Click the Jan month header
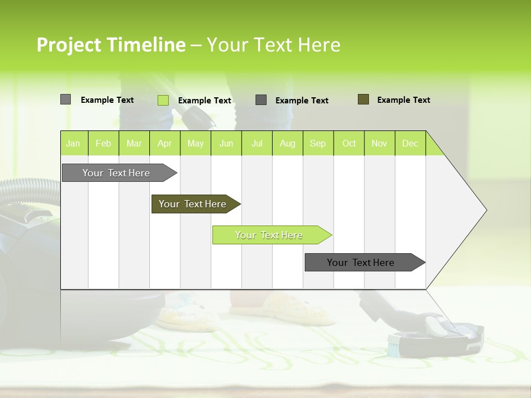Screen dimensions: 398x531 point(74,143)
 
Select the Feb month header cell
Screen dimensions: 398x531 point(103,143)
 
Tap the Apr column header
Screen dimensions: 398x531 point(165,143)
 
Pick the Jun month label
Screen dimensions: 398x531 point(226,143)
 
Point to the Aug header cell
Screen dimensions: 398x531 point(288,143)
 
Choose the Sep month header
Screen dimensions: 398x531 point(318,143)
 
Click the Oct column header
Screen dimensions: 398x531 point(349,143)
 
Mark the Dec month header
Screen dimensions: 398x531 point(410,143)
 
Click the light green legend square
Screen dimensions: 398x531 point(163,100)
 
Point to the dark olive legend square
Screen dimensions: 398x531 point(363,99)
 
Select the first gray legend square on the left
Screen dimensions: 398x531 point(65,99)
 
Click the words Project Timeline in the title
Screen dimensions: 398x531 point(111,45)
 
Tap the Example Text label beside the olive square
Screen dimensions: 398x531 point(403,100)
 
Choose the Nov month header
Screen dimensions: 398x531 point(379,143)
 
